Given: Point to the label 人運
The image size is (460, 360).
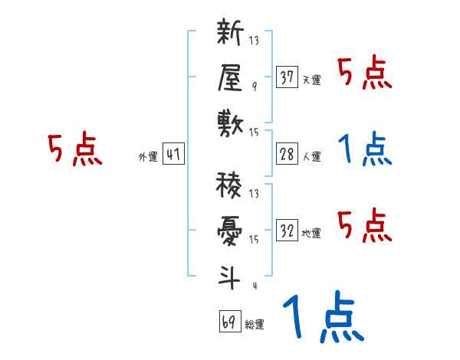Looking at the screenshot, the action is pos(311,157).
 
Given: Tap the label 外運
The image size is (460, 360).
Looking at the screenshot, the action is pos(147,157).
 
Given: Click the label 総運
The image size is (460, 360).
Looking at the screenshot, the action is pos(254,325).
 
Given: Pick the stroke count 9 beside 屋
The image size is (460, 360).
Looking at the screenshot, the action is pos(254,87).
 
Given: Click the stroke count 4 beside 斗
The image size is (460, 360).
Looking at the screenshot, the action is pos(254,286).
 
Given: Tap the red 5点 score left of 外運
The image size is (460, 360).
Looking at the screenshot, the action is pos(74,150).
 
